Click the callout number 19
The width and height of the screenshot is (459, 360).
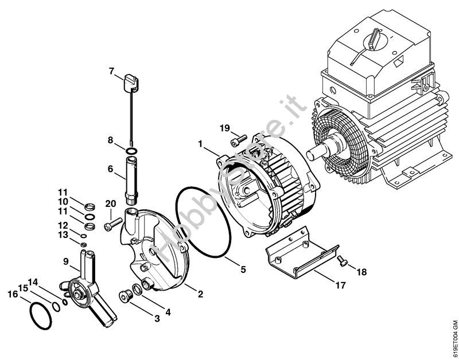tap(225, 128)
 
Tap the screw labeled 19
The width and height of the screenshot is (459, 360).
tap(239, 140)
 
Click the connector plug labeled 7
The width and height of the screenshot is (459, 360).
tap(131, 83)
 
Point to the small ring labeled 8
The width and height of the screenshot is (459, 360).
tap(131, 151)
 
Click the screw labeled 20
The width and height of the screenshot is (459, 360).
tap(112, 225)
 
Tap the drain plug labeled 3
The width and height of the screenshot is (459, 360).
tap(126, 296)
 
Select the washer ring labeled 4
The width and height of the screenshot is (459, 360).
tap(137, 289)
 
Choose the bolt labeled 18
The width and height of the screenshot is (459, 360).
tap(342, 261)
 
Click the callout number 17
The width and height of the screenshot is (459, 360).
tap(340, 285)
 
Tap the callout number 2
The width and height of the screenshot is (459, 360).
tap(200, 294)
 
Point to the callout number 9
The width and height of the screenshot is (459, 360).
tap(66, 262)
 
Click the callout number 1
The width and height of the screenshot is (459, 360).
tap(200, 144)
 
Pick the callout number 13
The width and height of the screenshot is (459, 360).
tap(63, 235)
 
